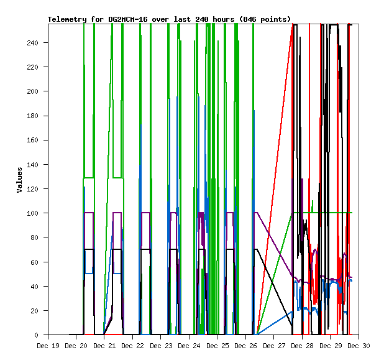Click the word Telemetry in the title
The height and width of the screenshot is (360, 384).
(66, 19)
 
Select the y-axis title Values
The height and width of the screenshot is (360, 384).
(19, 180)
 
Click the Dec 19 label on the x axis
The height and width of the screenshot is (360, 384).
(48, 345)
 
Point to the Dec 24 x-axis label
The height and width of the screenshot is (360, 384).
(194, 345)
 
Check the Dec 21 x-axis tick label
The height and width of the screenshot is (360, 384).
(106, 345)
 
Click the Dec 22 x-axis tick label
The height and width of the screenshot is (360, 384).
(135, 345)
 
